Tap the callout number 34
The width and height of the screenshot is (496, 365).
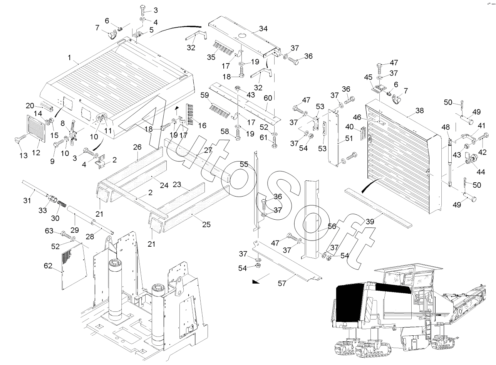263,29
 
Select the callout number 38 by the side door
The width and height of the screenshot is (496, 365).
419,111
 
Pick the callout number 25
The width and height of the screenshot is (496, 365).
206,224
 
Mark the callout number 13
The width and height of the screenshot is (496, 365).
23,155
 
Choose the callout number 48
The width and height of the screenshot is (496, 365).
446,128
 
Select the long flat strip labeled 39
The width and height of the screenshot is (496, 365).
377,207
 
